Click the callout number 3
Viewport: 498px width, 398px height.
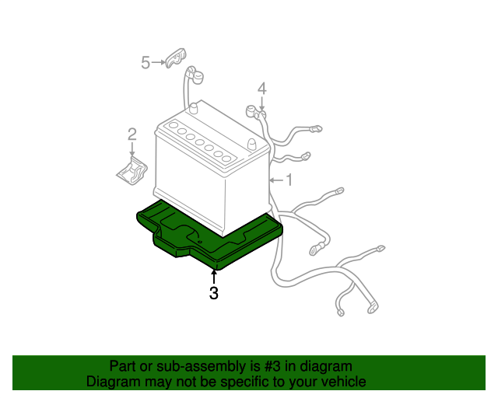[x=213, y=293]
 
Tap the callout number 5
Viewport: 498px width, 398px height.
[x=146, y=62]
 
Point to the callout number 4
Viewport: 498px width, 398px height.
[x=262, y=88]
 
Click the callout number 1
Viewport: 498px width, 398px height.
[x=289, y=180]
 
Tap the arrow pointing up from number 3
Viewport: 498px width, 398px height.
[x=213, y=276]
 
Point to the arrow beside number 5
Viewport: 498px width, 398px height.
[x=159, y=62]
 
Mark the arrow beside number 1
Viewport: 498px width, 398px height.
[x=275, y=180]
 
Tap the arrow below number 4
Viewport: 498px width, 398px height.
[x=262, y=103]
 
